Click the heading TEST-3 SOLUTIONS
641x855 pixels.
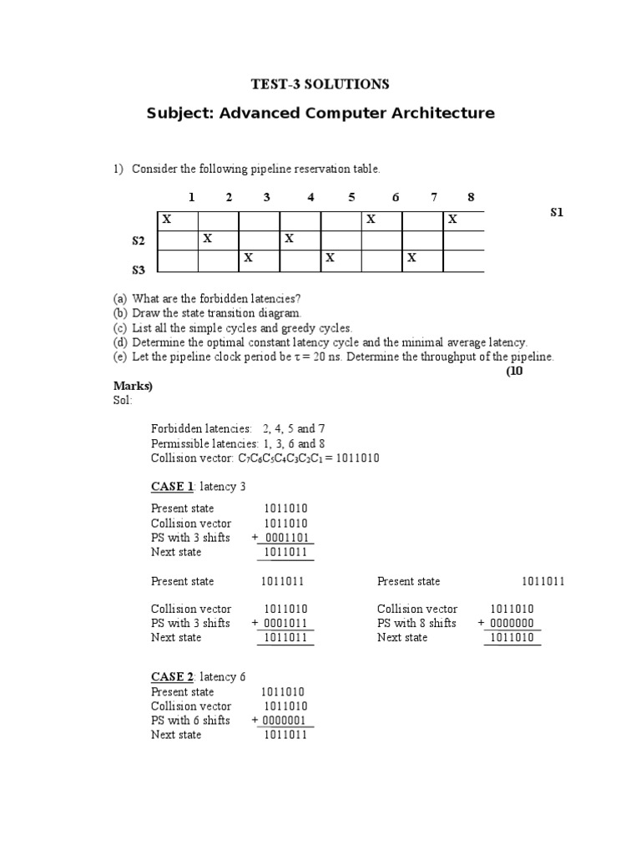(320, 84)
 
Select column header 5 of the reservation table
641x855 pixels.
(351, 198)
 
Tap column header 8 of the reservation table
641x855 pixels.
(471, 198)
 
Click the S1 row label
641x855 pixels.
(558, 213)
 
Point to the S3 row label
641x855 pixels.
(139, 270)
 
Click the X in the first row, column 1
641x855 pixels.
(167, 220)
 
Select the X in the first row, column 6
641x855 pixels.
(371, 220)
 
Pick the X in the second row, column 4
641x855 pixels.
(290, 240)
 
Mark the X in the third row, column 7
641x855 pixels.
(411, 259)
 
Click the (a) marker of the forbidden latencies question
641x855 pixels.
(120, 299)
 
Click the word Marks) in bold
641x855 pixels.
(133, 386)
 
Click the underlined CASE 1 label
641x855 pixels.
(172, 487)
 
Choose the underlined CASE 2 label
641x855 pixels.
(172, 677)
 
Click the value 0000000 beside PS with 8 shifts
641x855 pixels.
(512, 624)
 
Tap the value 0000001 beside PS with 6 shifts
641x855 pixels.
(285, 721)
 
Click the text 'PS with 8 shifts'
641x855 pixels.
(416, 624)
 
